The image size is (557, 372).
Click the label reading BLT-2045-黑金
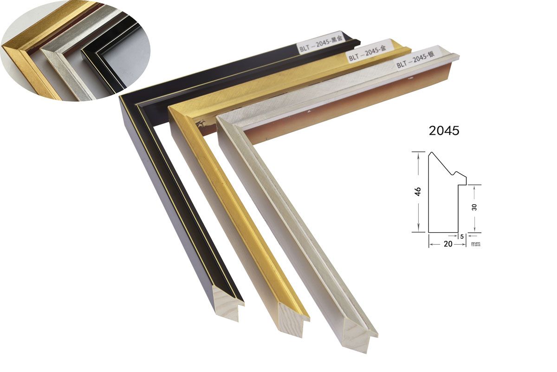[321, 45]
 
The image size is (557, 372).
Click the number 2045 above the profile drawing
[444, 131]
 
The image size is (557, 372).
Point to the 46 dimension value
[418, 192]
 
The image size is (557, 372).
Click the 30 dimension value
[474, 207]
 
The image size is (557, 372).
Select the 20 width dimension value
[448, 244]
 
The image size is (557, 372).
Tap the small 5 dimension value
[462, 236]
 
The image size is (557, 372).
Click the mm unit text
[476, 244]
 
